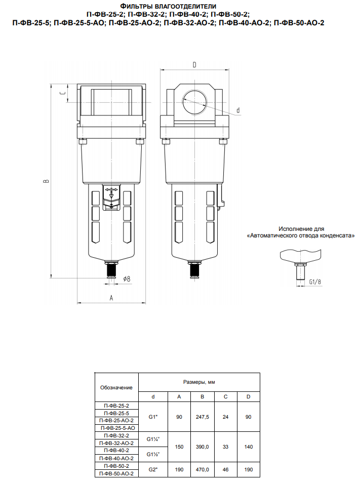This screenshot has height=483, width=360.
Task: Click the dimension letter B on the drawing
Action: [46, 181]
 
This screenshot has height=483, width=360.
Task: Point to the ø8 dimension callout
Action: [127, 278]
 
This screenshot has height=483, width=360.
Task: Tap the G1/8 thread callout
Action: [315, 281]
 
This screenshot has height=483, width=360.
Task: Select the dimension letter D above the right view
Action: [194, 65]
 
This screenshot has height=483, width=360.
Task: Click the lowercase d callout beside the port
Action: [238, 110]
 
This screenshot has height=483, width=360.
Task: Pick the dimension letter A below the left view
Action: [111, 298]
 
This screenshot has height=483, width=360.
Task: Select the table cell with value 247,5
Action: [203, 417]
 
